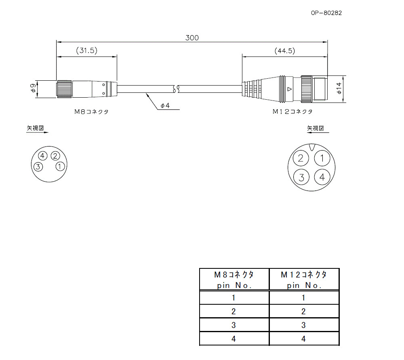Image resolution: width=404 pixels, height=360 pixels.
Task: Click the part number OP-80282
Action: tap(326, 13)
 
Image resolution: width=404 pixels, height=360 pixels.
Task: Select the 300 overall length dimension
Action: tap(192, 38)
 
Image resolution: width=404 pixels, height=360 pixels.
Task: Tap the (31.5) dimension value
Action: tap(86, 51)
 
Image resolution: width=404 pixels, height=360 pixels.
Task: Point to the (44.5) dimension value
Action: tap(284, 51)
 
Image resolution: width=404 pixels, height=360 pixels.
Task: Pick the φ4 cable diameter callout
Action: tap(164, 106)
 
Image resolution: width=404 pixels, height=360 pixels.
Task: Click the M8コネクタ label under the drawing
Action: tap(91, 112)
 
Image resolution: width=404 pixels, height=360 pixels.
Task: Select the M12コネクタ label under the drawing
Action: tap(292, 112)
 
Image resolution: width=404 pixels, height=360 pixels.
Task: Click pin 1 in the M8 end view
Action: tap(59, 166)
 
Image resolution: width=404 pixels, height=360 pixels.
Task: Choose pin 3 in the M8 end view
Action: tap(38, 166)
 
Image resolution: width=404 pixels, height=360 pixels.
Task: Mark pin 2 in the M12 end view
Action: tap(300, 158)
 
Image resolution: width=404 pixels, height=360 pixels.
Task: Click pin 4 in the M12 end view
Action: tap(322, 177)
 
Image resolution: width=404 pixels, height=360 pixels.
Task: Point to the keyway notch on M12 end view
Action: tap(311, 147)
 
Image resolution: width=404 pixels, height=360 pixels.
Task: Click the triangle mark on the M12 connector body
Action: tap(288, 89)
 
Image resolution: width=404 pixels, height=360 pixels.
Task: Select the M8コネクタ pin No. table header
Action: tap(234, 279)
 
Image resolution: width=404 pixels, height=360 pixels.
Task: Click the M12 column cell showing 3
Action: tap(304, 325)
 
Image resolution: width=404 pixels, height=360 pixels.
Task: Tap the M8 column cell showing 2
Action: tap(234, 311)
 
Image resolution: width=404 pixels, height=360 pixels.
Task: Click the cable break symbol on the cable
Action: tap(176, 89)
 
